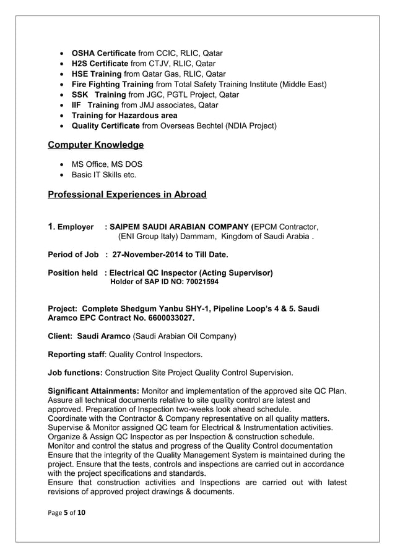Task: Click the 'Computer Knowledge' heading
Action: coord(95,145)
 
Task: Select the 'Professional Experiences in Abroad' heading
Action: coord(127,195)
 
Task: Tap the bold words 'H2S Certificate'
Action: coord(100,64)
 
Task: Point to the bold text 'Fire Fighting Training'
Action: coord(112,84)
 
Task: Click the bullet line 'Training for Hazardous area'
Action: coord(124,116)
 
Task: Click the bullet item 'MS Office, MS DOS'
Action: coord(107,164)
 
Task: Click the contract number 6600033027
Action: coord(169,318)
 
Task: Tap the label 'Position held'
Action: coord(72,273)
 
